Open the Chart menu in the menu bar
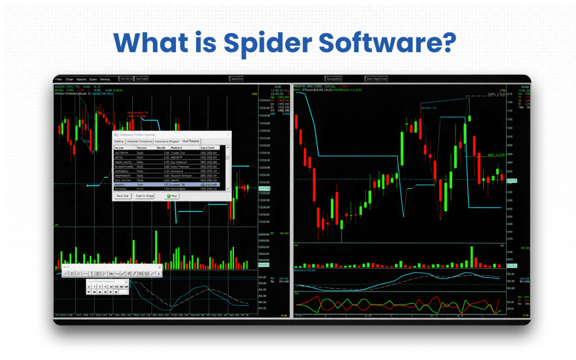pyautogui.click(x=70, y=79)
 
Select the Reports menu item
pyautogui.click(x=82, y=79)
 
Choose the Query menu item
pyautogui.click(x=93, y=79)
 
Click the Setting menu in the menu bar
pyautogui.click(x=105, y=79)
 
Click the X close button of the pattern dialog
pyautogui.click(x=228, y=135)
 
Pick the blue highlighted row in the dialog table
pyautogui.click(x=169, y=184)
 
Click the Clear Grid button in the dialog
pyautogui.click(x=123, y=196)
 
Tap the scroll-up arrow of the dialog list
pyautogui.click(x=228, y=147)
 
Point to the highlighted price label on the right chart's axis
pyautogui.click(x=511, y=180)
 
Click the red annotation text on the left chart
pyautogui.click(x=137, y=114)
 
